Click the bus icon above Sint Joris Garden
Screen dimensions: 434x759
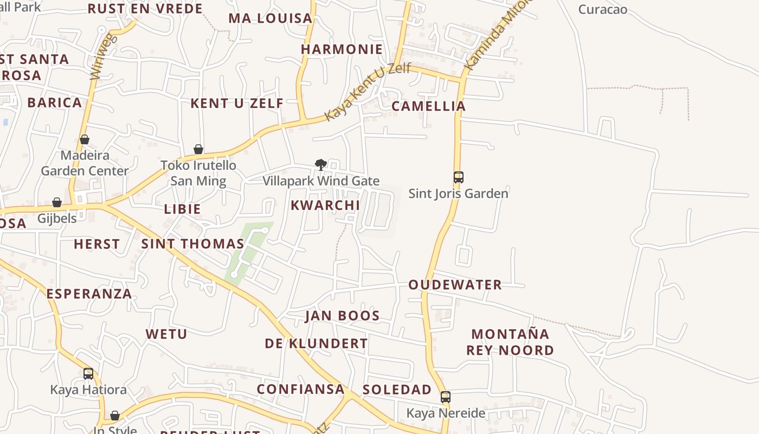(x=459, y=177)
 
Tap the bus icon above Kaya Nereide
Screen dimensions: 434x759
(x=446, y=397)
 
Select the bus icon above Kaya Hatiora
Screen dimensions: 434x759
(x=88, y=374)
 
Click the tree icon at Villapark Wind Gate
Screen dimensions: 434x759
(x=321, y=164)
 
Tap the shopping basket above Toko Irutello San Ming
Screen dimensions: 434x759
(x=198, y=149)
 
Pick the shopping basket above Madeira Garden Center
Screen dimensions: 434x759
(x=85, y=139)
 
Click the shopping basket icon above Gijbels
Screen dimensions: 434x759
(x=57, y=202)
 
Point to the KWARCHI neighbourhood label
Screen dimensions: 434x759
(x=325, y=205)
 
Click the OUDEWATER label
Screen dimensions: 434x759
(x=455, y=285)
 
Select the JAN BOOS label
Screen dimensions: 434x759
(x=342, y=316)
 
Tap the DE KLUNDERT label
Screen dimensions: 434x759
(x=316, y=343)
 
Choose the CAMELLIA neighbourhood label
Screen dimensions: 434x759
(x=428, y=106)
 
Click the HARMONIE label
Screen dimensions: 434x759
(x=342, y=49)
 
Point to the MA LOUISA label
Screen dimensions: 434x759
(x=270, y=18)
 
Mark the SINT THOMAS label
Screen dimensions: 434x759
(x=192, y=244)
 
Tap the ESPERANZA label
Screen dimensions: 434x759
(x=89, y=294)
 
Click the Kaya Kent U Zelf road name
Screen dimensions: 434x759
(x=367, y=93)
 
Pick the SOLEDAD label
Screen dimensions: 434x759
(x=397, y=390)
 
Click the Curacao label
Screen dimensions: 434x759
(x=602, y=9)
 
